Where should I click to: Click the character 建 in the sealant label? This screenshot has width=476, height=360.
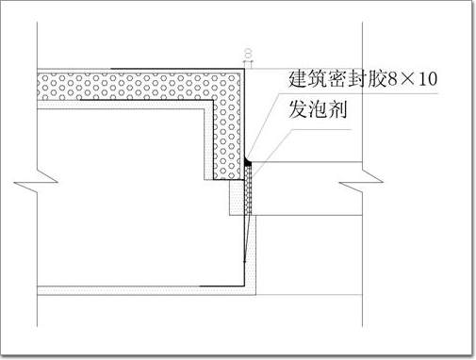297,79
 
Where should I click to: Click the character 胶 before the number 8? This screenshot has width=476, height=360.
377,79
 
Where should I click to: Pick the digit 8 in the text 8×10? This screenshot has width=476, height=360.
393,79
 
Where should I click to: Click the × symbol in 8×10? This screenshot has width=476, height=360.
408,80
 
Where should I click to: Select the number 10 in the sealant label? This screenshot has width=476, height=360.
427,79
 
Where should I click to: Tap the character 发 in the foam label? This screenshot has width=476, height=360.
298,109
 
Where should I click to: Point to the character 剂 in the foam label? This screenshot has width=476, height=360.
337,109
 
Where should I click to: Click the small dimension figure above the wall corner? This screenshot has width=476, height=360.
248,54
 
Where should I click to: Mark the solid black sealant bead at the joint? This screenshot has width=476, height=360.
248,162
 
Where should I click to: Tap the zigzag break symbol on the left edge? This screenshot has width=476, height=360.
36,182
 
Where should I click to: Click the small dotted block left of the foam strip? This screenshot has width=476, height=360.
237,197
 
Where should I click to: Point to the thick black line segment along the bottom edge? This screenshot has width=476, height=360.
222,286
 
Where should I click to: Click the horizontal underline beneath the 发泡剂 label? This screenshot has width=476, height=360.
320,129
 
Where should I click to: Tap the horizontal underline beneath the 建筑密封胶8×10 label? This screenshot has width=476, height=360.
358,93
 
